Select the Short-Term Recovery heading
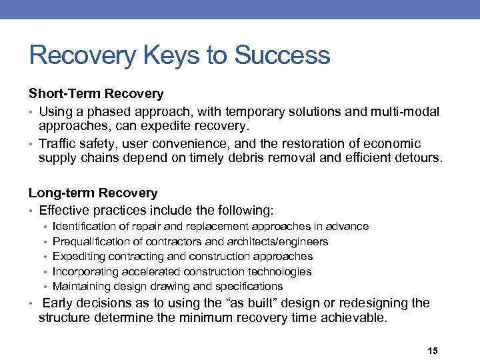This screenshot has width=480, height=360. point(95,93)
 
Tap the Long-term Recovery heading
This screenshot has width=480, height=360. point(93,193)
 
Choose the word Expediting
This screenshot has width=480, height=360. point(79,257)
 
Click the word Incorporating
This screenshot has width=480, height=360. point(85,272)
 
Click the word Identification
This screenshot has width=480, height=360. point(85,227)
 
